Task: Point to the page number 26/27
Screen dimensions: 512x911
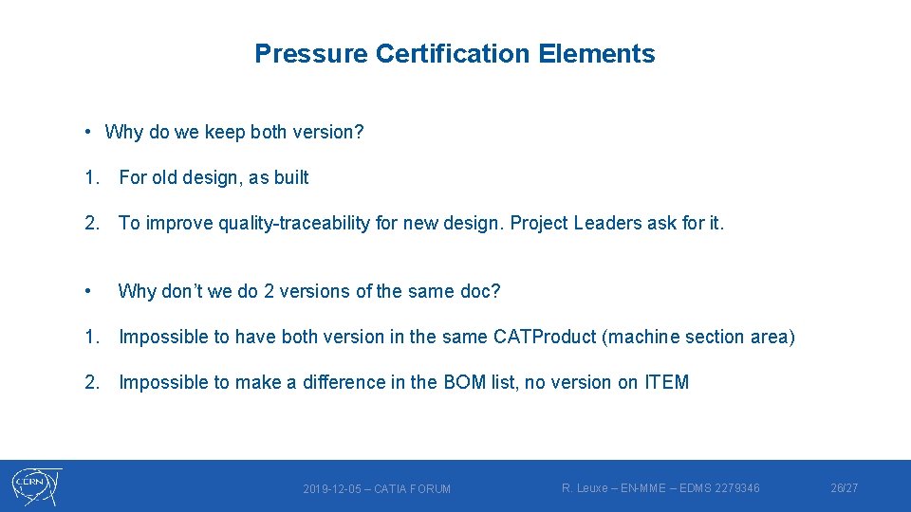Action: (x=844, y=488)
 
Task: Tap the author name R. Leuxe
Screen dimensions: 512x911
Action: (x=583, y=488)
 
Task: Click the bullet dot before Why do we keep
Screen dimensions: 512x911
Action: (x=86, y=132)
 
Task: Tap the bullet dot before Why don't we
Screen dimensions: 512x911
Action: (x=87, y=291)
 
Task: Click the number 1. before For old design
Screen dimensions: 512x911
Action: (x=92, y=177)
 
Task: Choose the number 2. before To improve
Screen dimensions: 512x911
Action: (x=92, y=223)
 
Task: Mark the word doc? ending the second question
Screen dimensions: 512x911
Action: (x=481, y=291)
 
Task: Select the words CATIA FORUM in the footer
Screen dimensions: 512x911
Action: (x=413, y=489)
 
